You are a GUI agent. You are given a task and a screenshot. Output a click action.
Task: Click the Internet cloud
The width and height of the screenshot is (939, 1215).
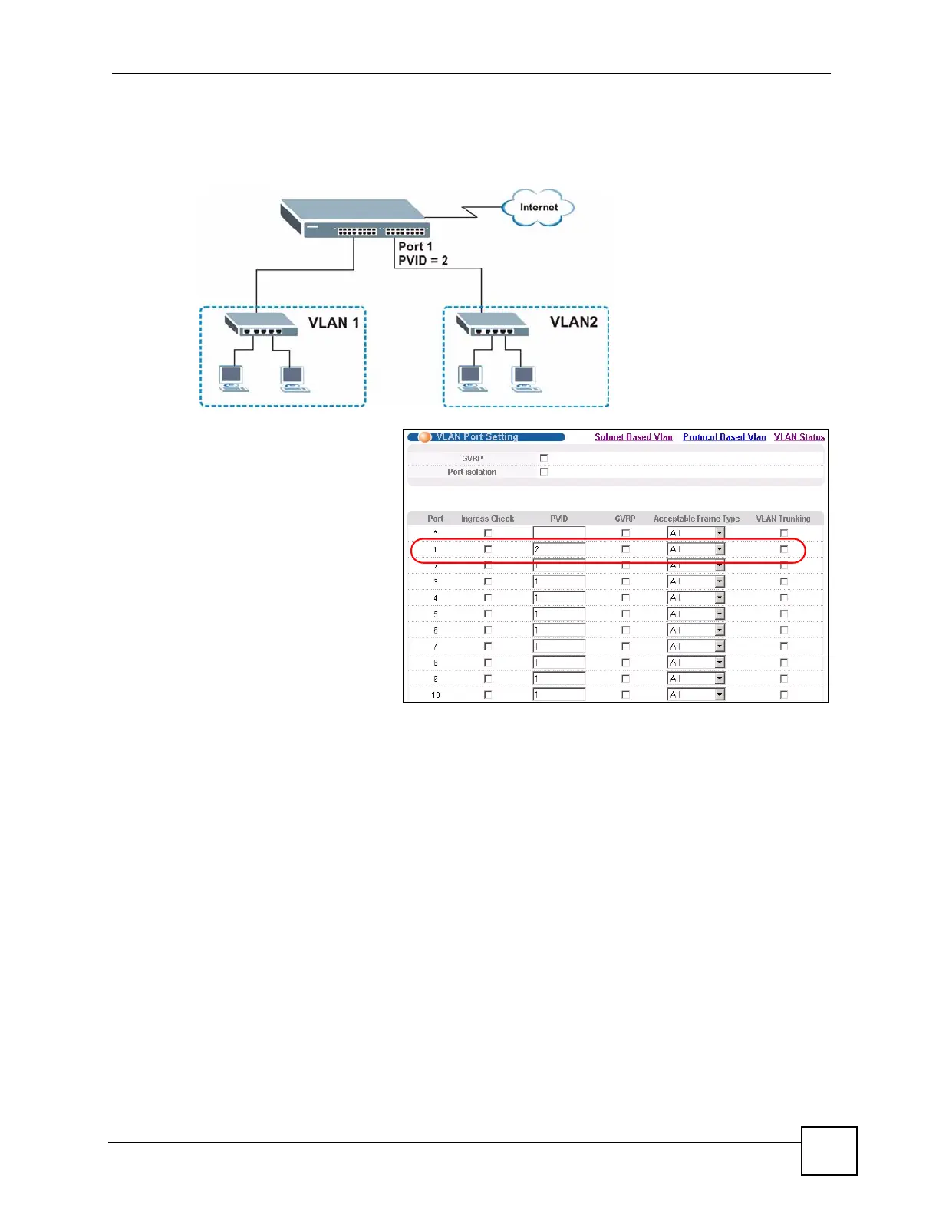click(538, 208)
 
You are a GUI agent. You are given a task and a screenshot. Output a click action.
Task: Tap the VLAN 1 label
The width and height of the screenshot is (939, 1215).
click(334, 323)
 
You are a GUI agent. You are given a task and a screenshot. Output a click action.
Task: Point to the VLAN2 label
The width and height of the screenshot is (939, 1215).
click(573, 322)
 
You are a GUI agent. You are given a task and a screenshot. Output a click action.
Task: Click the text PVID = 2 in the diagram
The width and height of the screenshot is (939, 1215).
click(423, 261)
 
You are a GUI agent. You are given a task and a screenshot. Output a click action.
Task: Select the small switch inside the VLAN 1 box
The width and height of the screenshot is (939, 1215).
click(260, 324)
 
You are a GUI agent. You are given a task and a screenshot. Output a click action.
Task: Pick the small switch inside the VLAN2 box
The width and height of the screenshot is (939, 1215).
click(492, 324)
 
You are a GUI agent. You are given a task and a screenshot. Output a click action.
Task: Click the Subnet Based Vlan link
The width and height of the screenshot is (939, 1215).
click(633, 437)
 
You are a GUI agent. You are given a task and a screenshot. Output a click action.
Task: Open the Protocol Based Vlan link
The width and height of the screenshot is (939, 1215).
click(723, 437)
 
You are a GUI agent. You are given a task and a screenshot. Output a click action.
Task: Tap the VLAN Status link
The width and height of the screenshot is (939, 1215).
click(799, 437)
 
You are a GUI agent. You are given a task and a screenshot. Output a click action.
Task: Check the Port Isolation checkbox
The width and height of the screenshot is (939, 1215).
click(544, 472)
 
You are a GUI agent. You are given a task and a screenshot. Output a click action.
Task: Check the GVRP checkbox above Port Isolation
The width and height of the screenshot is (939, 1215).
click(544, 458)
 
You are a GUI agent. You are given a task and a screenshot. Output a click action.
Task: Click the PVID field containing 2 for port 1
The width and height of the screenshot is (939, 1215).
click(558, 549)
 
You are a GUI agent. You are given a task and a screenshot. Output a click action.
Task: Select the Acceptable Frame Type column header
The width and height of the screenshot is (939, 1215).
click(696, 519)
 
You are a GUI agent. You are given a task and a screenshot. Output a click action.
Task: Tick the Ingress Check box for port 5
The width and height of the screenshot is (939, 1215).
click(487, 614)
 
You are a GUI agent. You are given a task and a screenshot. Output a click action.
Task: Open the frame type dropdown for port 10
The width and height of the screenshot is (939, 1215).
click(720, 695)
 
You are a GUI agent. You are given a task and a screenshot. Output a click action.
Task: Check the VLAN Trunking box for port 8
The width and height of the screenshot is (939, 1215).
click(783, 663)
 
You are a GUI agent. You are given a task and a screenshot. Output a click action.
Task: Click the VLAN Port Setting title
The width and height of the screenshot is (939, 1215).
click(476, 437)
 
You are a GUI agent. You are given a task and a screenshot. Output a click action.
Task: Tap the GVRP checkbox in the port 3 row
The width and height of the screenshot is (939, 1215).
click(625, 581)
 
